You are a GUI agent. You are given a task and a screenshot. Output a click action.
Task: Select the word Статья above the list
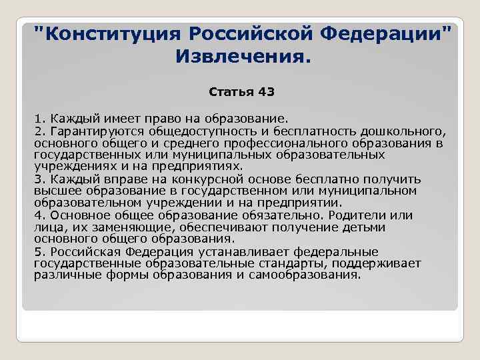[227, 91]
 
